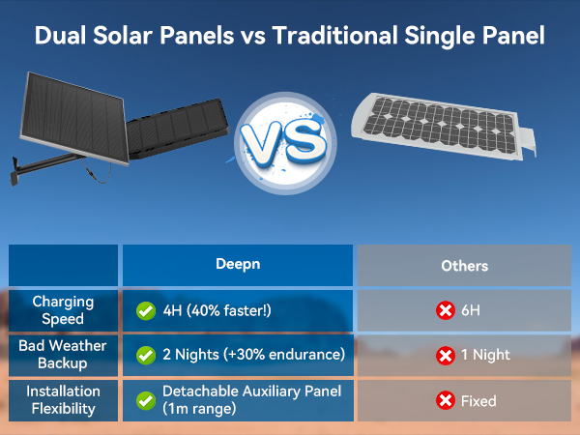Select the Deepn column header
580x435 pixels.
click(x=237, y=265)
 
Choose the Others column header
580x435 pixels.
click(x=464, y=265)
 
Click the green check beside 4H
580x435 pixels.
click(x=146, y=310)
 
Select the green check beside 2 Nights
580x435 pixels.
click(x=146, y=355)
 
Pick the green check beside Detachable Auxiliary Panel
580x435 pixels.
click(x=146, y=400)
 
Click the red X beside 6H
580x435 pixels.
click(x=446, y=310)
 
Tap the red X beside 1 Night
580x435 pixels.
click(x=446, y=355)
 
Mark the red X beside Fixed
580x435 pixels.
click(x=446, y=400)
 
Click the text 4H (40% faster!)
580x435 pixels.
click(x=217, y=310)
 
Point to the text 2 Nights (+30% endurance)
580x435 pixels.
click(x=253, y=355)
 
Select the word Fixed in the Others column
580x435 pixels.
click(x=478, y=400)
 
